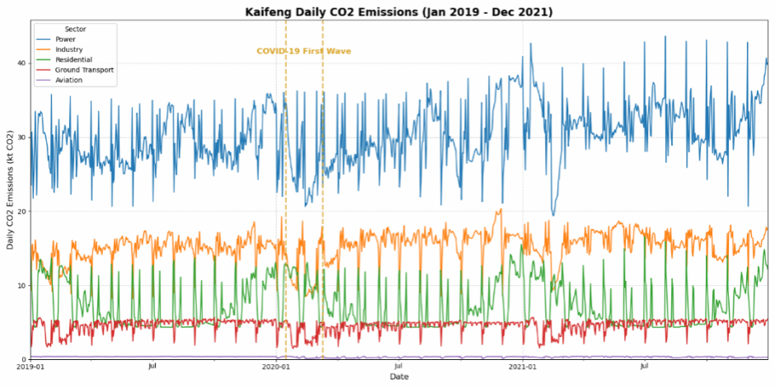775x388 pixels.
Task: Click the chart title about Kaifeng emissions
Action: click(x=399, y=12)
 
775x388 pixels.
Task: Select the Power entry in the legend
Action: click(x=65, y=39)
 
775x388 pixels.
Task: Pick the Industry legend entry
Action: click(x=69, y=49)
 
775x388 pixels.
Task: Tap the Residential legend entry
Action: click(x=73, y=60)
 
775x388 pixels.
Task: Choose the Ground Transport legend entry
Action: click(x=84, y=70)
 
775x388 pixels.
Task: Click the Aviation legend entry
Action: click(x=68, y=81)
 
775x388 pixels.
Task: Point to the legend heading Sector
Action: click(x=75, y=29)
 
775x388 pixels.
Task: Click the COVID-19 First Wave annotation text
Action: click(x=303, y=51)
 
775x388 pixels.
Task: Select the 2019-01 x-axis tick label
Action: click(x=30, y=367)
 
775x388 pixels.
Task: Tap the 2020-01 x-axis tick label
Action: click(x=276, y=367)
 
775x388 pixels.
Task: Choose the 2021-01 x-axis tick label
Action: click(x=523, y=367)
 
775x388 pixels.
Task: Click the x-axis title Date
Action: click(x=399, y=377)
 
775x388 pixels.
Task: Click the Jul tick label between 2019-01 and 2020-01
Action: click(x=153, y=367)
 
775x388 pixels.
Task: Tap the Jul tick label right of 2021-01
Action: click(x=645, y=367)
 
